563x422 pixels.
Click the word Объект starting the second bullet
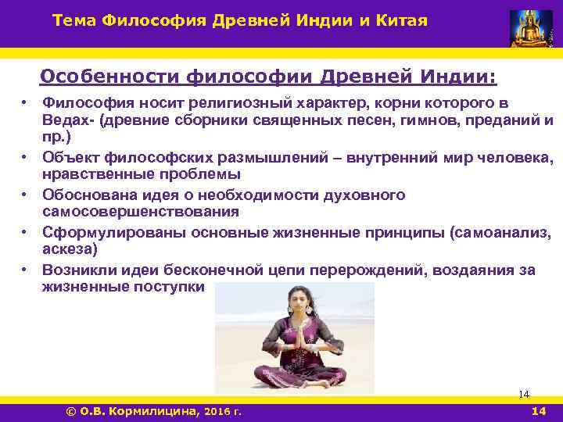[67, 158]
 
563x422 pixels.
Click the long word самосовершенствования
[129, 211]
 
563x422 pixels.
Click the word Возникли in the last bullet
[74, 270]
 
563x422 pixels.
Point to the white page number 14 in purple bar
[539, 410]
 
